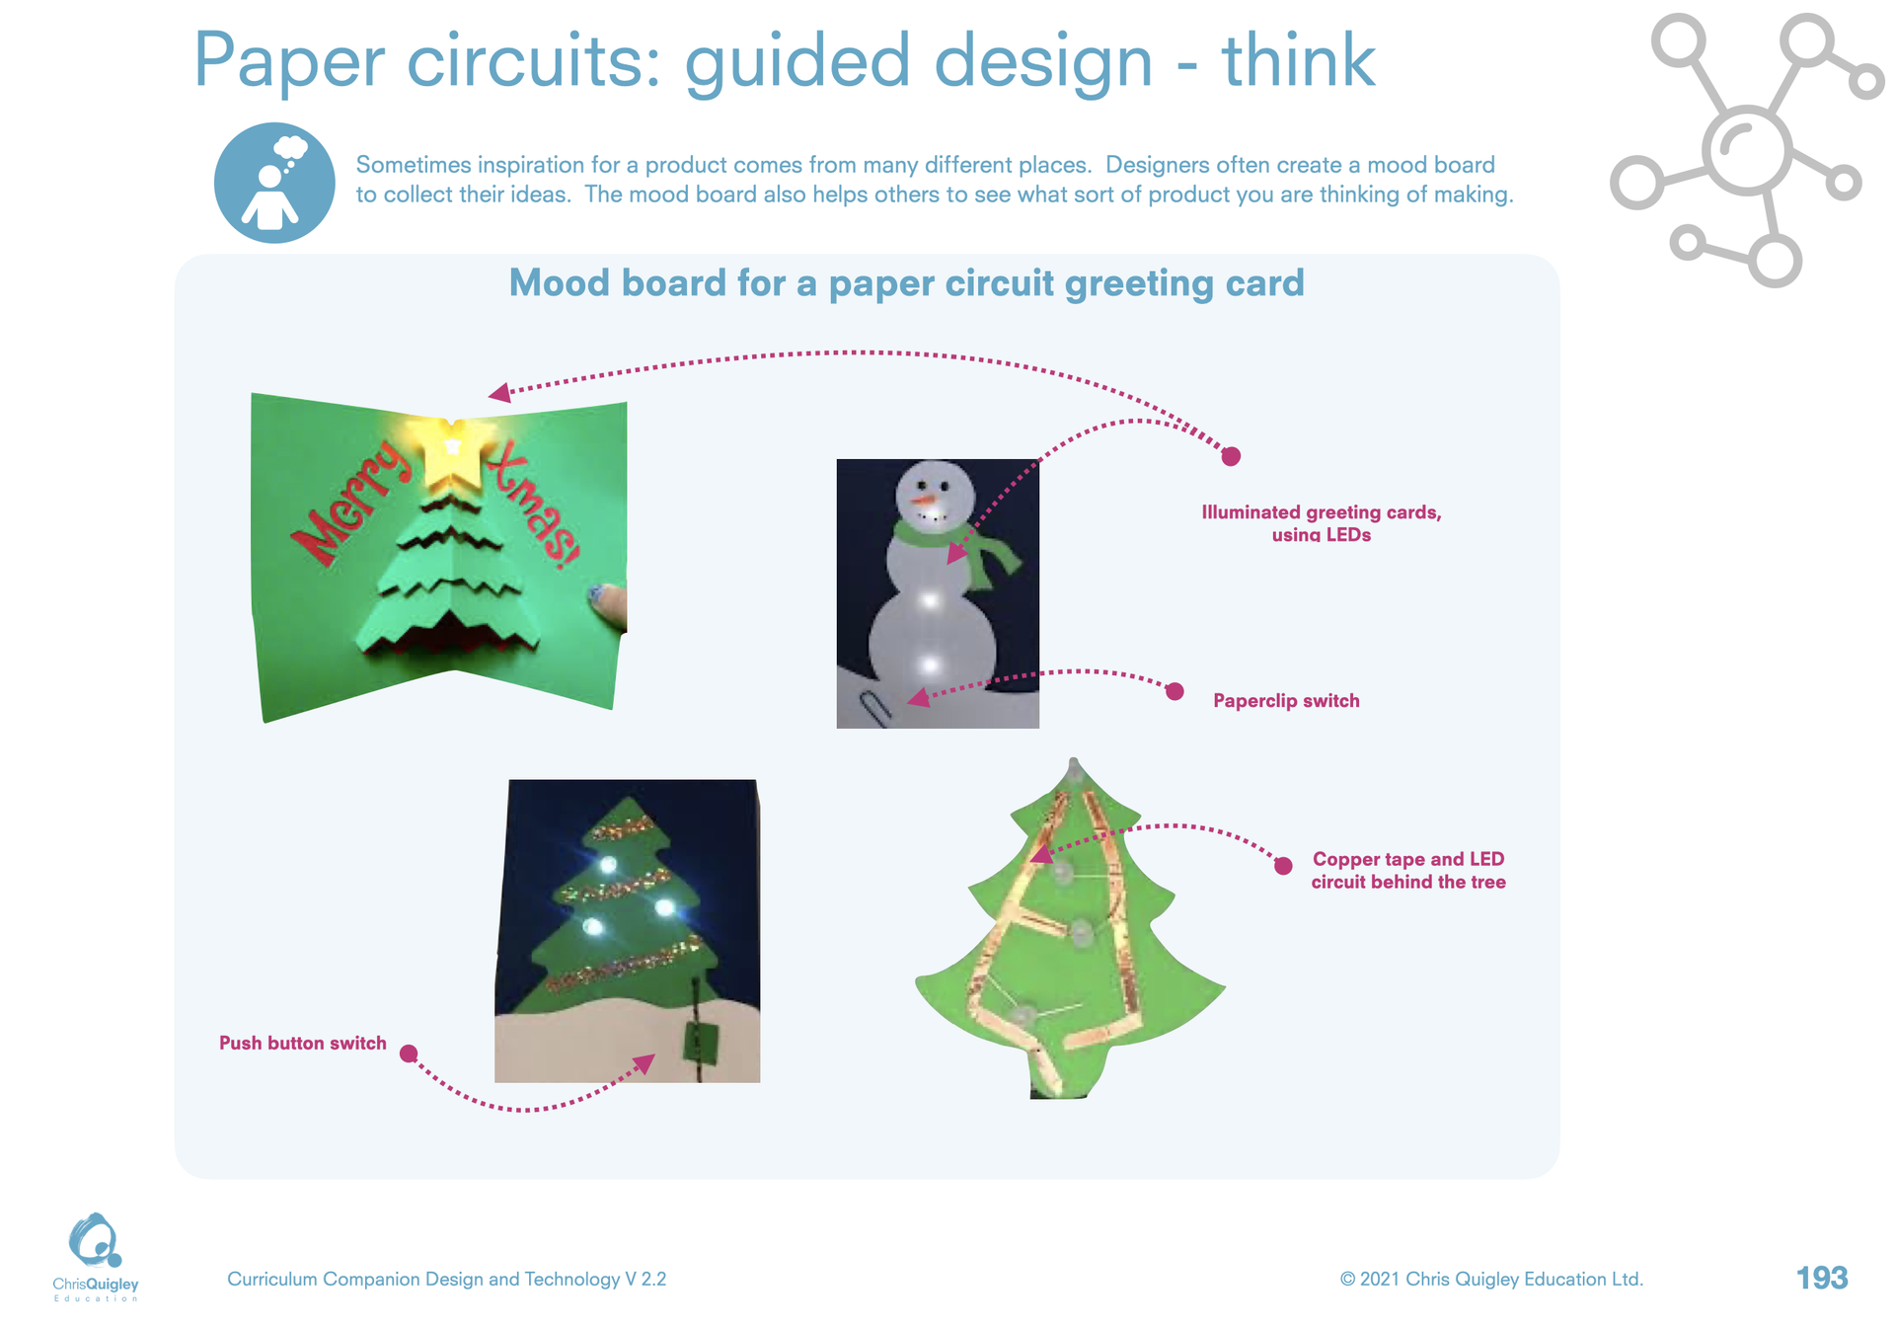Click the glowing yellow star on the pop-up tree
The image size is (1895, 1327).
coord(454,452)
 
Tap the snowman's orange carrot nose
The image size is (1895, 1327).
coord(925,502)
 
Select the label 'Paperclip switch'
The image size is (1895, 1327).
coord(1286,701)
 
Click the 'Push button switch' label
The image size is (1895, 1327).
coord(303,1044)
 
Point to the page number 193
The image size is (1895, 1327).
coord(1822,1279)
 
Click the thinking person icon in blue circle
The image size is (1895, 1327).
coord(274,183)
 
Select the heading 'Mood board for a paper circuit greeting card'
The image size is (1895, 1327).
coord(906,283)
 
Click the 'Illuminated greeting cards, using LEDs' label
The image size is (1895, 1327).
coord(1322,523)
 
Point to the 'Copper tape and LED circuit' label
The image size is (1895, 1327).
coord(1408,871)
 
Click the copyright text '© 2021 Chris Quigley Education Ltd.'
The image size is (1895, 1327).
coord(1491,1280)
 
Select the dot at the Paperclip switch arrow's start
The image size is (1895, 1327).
coord(1175,691)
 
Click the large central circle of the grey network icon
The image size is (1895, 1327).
coord(1746,150)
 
